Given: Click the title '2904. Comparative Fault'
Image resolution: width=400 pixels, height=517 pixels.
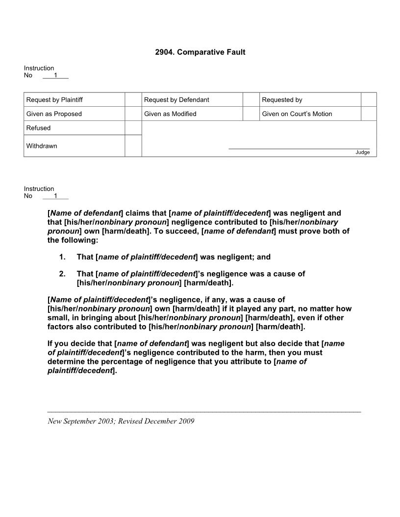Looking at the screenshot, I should pyautogui.click(x=200, y=52).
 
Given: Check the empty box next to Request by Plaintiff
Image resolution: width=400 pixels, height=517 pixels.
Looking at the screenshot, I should pyautogui.click(x=133, y=100).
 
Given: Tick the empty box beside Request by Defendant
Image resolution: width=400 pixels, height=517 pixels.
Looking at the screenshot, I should pyautogui.click(x=250, y=100).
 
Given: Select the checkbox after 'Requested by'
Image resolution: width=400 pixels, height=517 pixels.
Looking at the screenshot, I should pyautogui.click(x=368, y=100).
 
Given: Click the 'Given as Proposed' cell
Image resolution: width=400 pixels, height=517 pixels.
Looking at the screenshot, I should pyautogui.click(x=54, y=114).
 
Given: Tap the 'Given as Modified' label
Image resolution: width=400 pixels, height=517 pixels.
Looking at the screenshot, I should pyautogui.click(x=170, y=114).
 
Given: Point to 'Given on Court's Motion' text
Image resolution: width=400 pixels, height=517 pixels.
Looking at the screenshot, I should pyautogui.click(x=297, y=114).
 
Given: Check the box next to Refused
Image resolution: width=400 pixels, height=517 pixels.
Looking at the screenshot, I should pyautogui.click(x=133, y=128).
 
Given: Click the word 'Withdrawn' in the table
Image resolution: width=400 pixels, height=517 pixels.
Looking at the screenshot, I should pyautogui.click(x=42, y=146).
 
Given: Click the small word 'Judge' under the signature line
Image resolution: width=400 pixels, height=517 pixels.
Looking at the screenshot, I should pyautogui.click(x=362, y=152).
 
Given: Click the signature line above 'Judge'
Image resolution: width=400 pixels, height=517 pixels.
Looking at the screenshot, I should pyautogui.click(x=299, y=148).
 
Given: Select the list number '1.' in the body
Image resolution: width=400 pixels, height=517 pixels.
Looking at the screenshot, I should pyautogui.click(x=62, y=257).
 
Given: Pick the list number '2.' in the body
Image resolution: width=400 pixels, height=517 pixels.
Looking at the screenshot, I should pyautogui.click(x=62, y=274).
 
